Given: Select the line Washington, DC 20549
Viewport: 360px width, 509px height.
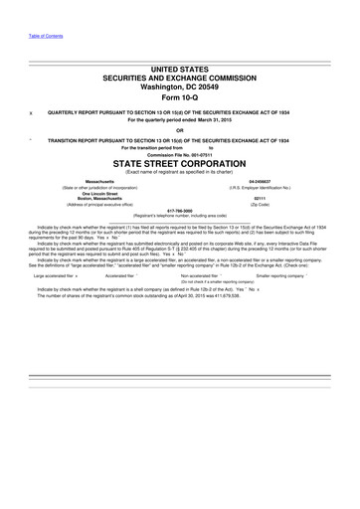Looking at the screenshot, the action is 180,86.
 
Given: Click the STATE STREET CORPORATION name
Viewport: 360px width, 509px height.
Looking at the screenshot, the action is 180,162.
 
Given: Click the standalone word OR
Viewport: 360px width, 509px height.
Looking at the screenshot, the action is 180,130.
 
